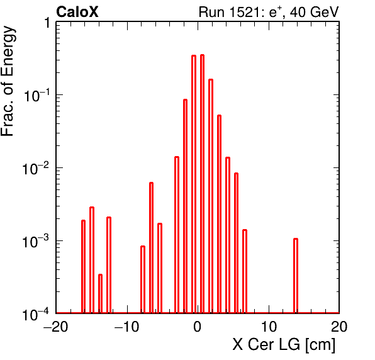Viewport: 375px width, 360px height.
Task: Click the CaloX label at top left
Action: click(x=77, y=12)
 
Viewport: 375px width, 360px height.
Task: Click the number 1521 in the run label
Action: click(x=245, y=12)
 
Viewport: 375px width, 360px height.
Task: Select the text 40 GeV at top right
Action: click(x=314, y=12)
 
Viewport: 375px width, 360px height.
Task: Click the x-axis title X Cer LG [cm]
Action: click(x=284, y=345)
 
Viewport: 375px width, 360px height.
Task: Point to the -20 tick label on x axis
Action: click(x=56, y=327)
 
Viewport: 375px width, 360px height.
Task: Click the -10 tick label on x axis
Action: click(x=126, y=327)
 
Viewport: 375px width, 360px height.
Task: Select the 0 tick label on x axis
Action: click(x=198, y=327)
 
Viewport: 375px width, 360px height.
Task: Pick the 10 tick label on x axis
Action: click(x=269, y=327)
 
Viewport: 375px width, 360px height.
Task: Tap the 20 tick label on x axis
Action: click(x=339, y=327)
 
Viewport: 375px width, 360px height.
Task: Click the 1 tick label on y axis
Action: click(x=47, y=23)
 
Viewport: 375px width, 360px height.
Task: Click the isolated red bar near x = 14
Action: click(x=296, y=276)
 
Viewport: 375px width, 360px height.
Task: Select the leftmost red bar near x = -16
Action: click(x=83, y=267)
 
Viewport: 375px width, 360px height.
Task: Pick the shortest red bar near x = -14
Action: click(x=100, y=294)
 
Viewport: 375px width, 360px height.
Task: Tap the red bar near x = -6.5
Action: click(x=151, y=248)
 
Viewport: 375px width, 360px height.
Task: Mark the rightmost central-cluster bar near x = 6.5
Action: click(x=245, y=271)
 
